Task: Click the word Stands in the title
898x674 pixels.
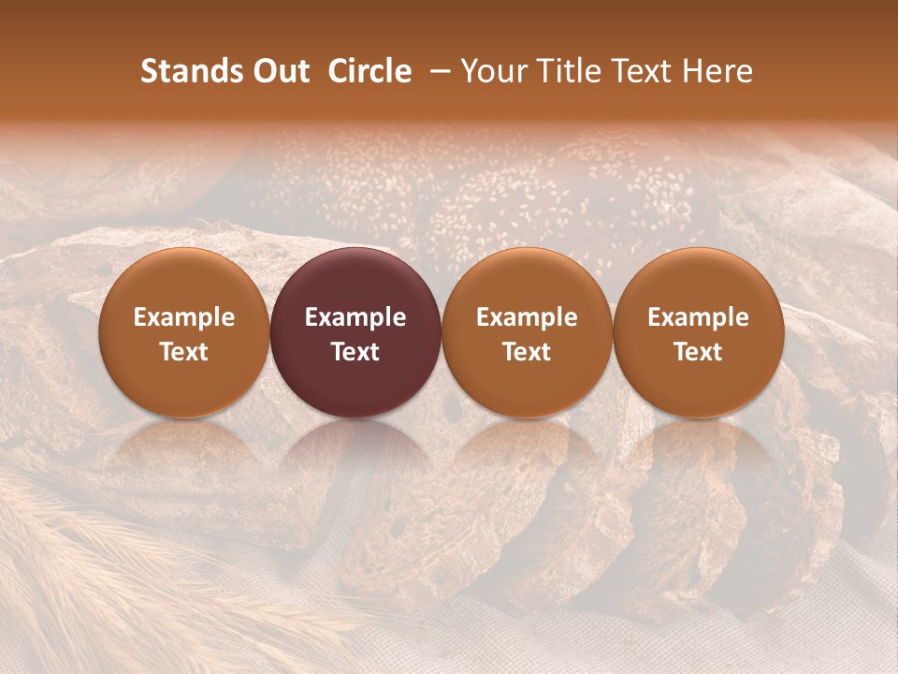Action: tap(188, 72)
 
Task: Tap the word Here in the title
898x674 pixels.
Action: tap(717, 72)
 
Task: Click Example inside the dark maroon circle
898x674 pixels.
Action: tap(355, 318)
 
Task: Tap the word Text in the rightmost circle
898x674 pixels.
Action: tap(699, 352)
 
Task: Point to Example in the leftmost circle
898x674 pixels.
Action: tap(184, 318)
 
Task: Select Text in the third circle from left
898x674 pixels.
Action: tap(527, 352)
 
